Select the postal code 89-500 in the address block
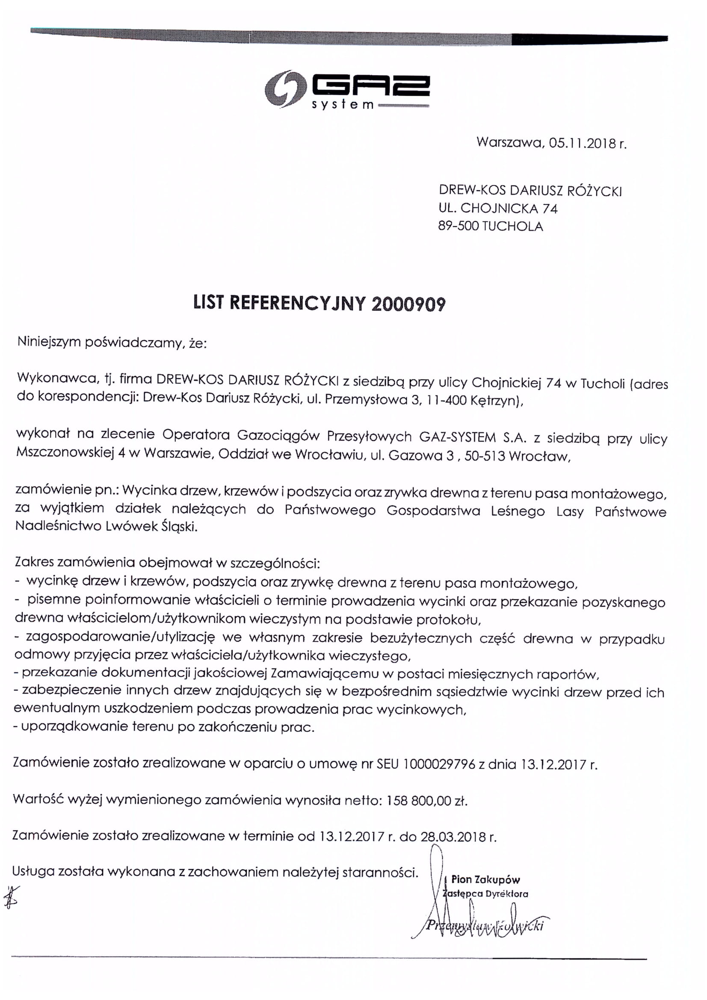pos(458,226)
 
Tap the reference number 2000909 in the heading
pos(408,304)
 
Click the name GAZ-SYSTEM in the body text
pos(457,437)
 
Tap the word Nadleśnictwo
pos(58,526)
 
